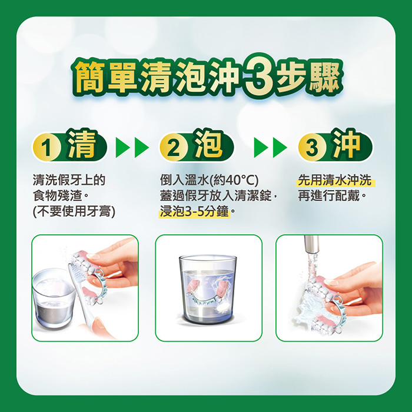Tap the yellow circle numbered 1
[x=46, y=147]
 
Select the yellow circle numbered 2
[x=174, y=147]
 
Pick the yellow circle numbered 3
[x=312, y=147]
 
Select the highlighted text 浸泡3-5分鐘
[x=194, y=211]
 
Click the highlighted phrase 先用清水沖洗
[x=335, y=180]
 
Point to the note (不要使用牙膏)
[x=74, y=211]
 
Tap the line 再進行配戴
[x=331, y=196]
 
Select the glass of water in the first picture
[x=54, y=299]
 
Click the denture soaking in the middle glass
[x=208, y=292]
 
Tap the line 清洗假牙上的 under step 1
[x=69, y=180]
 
